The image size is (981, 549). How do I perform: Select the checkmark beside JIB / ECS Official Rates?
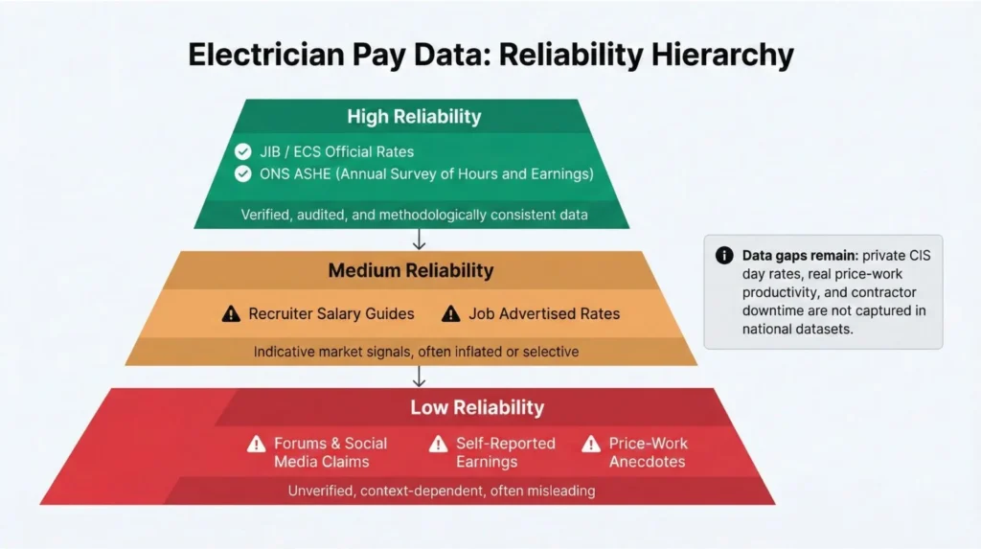click(x=243, y=151)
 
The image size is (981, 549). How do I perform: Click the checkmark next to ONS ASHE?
click(x=243, y=173)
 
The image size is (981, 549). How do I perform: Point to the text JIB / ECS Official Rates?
click(x=336, y=151)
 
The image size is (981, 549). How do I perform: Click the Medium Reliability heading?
click(x=411, y=270)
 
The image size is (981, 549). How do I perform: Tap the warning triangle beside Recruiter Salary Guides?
click(x=231, y=313)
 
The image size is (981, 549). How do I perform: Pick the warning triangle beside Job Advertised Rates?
click(x=451, y=313)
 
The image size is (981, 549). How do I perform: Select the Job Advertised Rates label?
click(x=544, y=313)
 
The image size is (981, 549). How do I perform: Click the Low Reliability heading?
click(x=477, y=407)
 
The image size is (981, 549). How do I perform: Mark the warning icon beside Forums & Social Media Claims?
click(x=256, y=444)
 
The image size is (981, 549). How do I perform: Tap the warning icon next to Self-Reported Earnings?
click(x=438, y=444)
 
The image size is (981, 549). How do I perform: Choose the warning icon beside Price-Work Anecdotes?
click(x=591, y=444)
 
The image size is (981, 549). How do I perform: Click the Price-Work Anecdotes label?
click(x=648, y=452)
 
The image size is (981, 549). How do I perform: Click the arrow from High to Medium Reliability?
click(x=419, y=240)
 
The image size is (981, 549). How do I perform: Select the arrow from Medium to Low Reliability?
click(x=419, y=377)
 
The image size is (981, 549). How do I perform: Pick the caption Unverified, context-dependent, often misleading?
click(x=442, y=491)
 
